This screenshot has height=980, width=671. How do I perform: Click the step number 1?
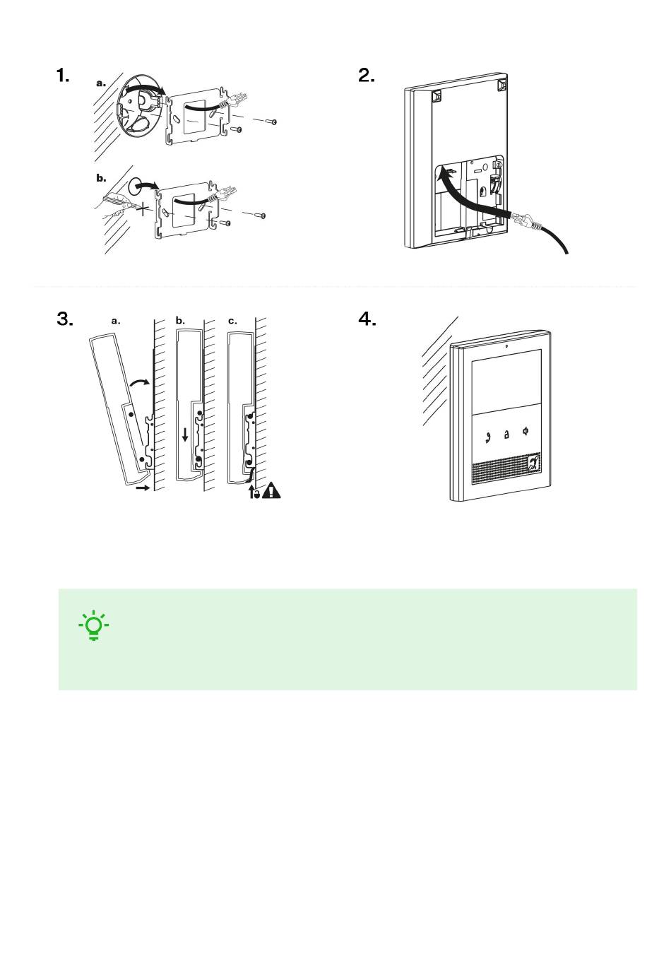63,76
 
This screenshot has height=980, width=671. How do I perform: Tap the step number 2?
366,76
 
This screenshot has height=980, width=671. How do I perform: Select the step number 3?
65,319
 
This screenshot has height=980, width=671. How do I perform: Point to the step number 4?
367,319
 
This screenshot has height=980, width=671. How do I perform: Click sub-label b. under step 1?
101,178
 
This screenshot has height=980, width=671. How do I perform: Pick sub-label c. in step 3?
232,321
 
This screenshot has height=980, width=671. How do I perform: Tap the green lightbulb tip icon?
94,625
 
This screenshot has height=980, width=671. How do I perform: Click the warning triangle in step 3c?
272,490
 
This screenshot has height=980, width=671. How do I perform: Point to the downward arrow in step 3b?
185,435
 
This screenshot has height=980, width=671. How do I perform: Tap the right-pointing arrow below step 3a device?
143,488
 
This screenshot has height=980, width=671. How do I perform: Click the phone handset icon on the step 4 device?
487,437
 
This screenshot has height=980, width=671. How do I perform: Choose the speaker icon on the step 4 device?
525,431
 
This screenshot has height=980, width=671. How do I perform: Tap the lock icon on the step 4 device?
506,435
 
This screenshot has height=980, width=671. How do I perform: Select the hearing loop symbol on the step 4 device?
534,463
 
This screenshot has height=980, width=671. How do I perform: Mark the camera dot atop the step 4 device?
506,346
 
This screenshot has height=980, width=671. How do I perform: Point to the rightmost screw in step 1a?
271,122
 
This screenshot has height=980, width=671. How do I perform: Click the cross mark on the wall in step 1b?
142,209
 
